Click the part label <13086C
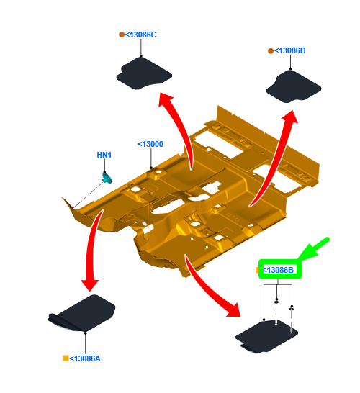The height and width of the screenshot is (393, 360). tap(140, 35)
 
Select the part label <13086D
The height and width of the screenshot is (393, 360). tap(290, 50)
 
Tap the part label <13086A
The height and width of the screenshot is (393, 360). tap(85, 358)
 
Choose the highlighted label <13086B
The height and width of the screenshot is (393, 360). tap(278, 270)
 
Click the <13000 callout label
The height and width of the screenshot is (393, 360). tap(150, 144)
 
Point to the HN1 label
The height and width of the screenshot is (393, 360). tap(104, 155)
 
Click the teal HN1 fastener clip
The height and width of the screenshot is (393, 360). tap(107, 178)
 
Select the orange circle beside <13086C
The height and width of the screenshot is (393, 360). tap(122, 35)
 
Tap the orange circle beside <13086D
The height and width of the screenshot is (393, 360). tap(271, 51)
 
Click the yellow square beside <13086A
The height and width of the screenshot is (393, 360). tap(66, 358)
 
